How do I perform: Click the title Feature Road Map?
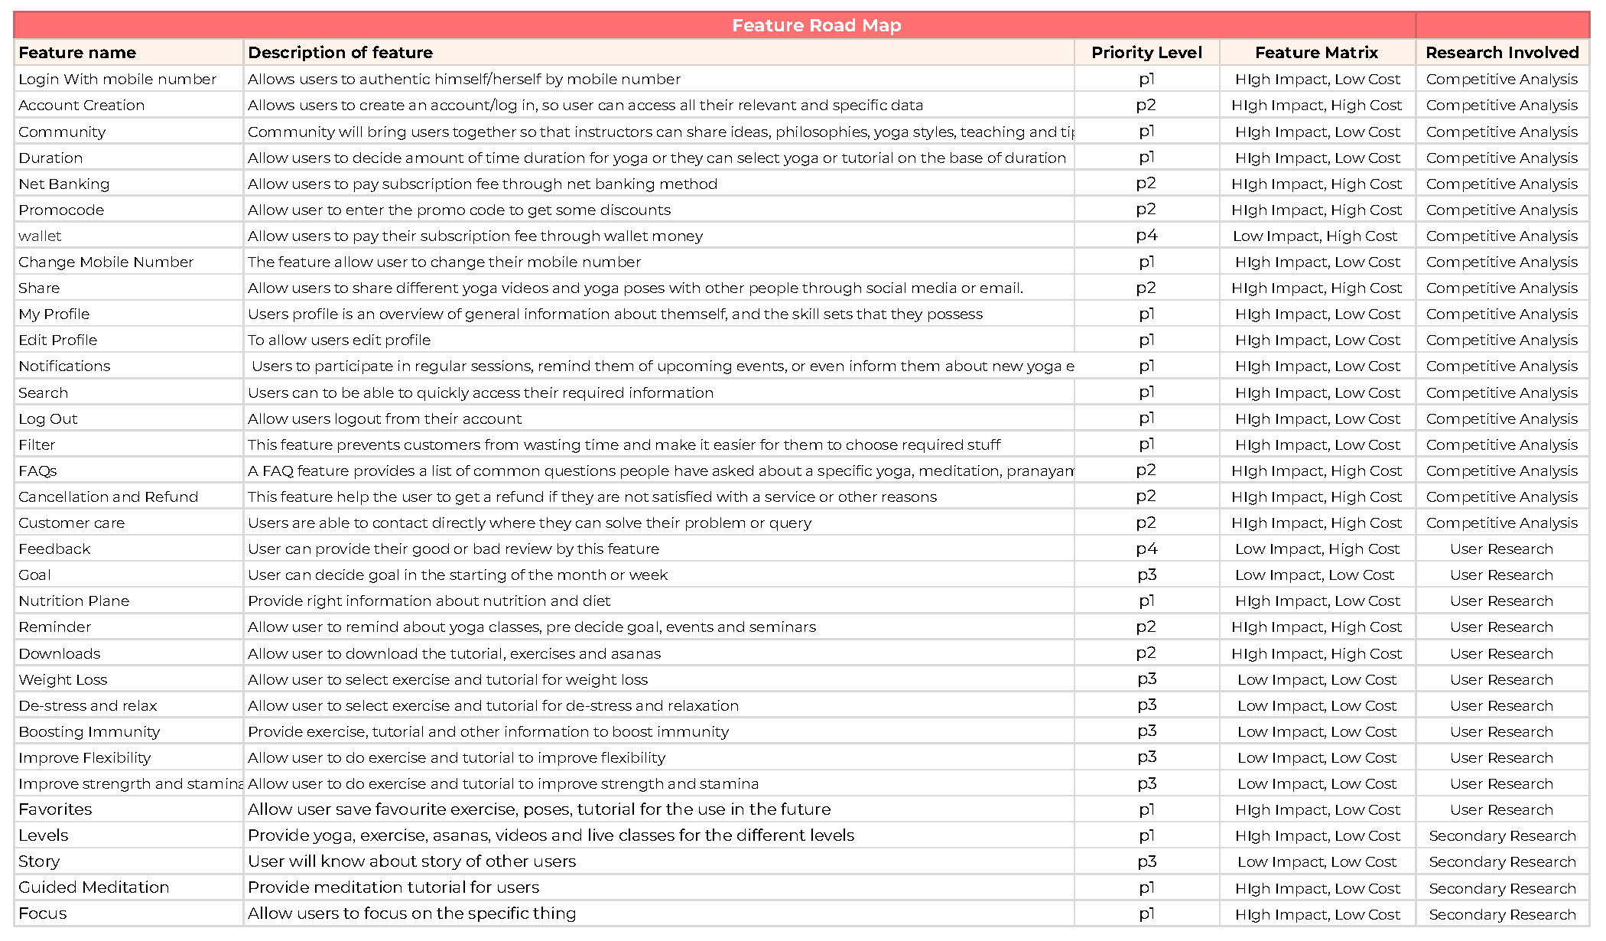click(x=816, y=25)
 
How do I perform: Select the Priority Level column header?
click(x=1146, y=52)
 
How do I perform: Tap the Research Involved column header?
click(x=1502, y=52)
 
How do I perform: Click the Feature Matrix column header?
click(x=1316, y=52)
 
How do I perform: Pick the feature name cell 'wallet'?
click(x=40, y=236)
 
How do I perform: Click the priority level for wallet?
click(x=1146, y=236)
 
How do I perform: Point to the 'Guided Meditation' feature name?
click(x=94, y=887)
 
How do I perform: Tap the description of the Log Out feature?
click(x=385, y=418)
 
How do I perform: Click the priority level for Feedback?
click(x=1146, y=549)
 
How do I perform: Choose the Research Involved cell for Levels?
click(x=1502, y=835)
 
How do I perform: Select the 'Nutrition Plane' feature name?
click(x=74, y=601)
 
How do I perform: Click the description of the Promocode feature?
click(x=459, y=210)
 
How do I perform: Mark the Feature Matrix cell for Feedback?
click(x=1317, y=549)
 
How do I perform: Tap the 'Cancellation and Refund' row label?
click(x=109, y=497)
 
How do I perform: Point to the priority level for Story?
click(x=1146, y=861)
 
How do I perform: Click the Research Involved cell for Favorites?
click(x=1501, y=809)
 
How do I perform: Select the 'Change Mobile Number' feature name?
click(x=106, y=262)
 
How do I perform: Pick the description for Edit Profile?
click(x=339, y=340)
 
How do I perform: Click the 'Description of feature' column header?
click(x=340, y=52)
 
